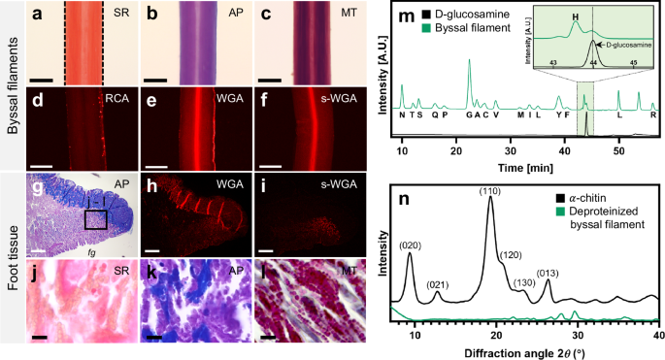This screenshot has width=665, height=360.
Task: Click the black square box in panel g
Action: [96, 219]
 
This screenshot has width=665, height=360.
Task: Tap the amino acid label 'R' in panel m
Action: [653, 114]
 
